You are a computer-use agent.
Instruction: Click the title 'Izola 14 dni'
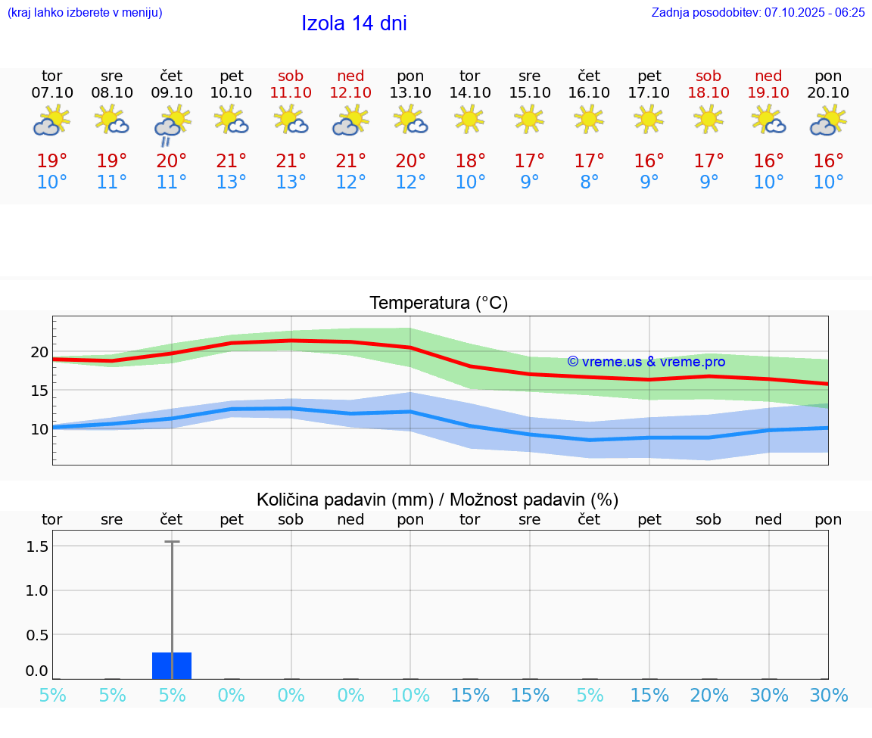353,23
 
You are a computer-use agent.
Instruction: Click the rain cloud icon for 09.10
172,123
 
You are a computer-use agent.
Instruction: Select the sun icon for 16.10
589,118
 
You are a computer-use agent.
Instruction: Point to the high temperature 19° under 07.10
52,161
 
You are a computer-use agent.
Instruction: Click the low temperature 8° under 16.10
589,182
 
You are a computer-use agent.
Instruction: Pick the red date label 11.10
291,92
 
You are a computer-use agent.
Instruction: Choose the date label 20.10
828,92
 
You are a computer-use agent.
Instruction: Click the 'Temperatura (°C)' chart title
438,304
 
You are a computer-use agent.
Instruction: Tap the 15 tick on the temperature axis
39,391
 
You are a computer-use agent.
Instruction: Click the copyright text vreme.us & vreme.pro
646,362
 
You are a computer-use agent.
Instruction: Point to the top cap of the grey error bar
172,542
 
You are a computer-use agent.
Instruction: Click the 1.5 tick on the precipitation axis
37,546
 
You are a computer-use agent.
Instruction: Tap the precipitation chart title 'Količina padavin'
438,500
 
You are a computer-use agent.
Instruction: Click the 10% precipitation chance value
410,696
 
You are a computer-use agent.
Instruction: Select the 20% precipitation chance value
709,696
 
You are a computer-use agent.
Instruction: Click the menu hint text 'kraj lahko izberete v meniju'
85,12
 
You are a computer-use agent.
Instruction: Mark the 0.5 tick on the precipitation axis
37,635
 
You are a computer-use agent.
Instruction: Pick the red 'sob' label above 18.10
708,76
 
